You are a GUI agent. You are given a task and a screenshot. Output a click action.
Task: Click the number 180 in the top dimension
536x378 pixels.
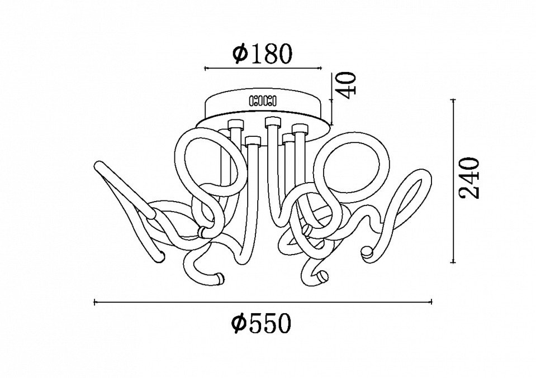coord(272,54)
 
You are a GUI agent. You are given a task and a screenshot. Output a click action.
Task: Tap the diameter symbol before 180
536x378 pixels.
coord(240,54)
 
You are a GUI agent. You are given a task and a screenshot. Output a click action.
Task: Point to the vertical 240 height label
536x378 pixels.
coord(469,178)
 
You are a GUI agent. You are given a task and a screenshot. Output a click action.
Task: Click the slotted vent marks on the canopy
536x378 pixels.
coord(263,101)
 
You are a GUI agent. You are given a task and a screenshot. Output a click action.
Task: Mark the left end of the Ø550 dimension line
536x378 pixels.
coord(94,302)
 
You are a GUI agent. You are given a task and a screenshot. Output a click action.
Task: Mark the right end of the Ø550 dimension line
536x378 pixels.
coord(432,302)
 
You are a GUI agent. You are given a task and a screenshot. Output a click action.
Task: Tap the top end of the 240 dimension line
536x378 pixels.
coord(454,100)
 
